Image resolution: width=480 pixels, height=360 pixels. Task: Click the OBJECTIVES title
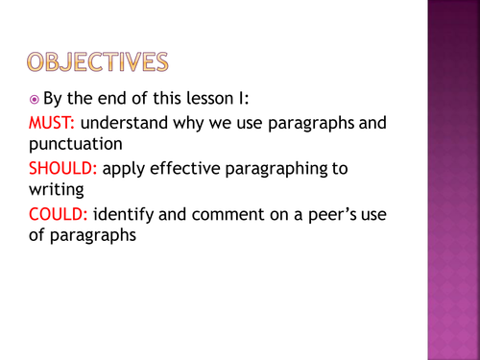(95, 62)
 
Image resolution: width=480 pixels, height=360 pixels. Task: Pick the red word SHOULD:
(61, 168)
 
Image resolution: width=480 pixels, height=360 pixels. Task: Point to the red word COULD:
(58, 212)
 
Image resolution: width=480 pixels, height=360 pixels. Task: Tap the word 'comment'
(218, 212)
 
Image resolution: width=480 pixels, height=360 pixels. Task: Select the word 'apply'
(124, 168)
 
